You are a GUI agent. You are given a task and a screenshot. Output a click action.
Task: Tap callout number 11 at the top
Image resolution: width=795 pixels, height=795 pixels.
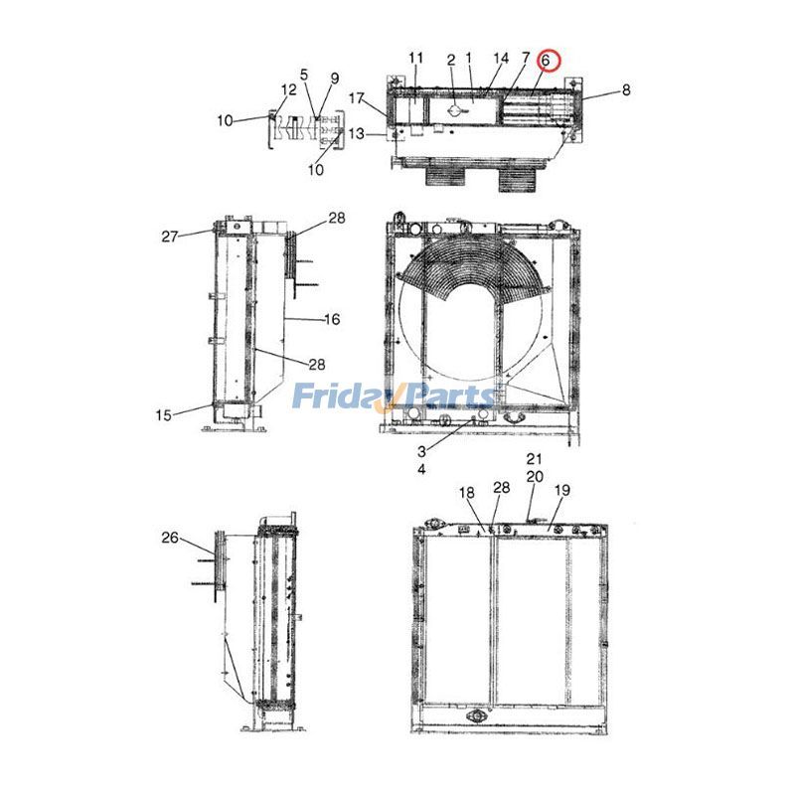415,57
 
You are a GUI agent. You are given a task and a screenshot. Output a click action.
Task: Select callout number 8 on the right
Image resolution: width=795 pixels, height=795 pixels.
625,90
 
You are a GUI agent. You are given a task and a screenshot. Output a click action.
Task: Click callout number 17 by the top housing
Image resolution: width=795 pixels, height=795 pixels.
357,97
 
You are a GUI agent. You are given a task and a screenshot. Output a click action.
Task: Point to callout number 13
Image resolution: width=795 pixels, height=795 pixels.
357,133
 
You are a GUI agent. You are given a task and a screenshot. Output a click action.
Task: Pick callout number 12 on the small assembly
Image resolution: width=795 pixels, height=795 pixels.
287,90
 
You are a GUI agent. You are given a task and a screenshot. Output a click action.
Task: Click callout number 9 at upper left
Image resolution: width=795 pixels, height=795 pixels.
334,79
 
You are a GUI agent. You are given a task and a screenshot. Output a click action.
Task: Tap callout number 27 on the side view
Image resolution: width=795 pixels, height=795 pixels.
169,237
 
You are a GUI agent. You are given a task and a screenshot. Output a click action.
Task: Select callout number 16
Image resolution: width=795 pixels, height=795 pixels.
332,319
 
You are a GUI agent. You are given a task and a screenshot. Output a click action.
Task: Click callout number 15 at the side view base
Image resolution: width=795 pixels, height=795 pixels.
163,414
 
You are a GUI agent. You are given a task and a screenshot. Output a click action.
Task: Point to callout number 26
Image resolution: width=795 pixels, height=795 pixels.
169,538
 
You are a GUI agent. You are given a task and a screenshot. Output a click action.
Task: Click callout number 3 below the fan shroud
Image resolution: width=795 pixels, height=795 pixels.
421,450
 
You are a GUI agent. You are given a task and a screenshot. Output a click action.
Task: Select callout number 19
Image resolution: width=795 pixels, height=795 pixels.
561,490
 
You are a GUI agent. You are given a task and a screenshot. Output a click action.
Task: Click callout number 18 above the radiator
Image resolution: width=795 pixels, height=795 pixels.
467,493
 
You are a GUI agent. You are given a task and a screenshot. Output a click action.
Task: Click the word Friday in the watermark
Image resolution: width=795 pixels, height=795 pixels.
337,397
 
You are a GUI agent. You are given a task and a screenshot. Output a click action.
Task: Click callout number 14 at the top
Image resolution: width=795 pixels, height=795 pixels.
501,59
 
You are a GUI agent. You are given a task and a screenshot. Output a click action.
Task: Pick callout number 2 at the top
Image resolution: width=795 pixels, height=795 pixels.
450,60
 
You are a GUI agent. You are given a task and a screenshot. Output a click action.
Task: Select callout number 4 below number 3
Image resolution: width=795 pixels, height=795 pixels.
421,467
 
